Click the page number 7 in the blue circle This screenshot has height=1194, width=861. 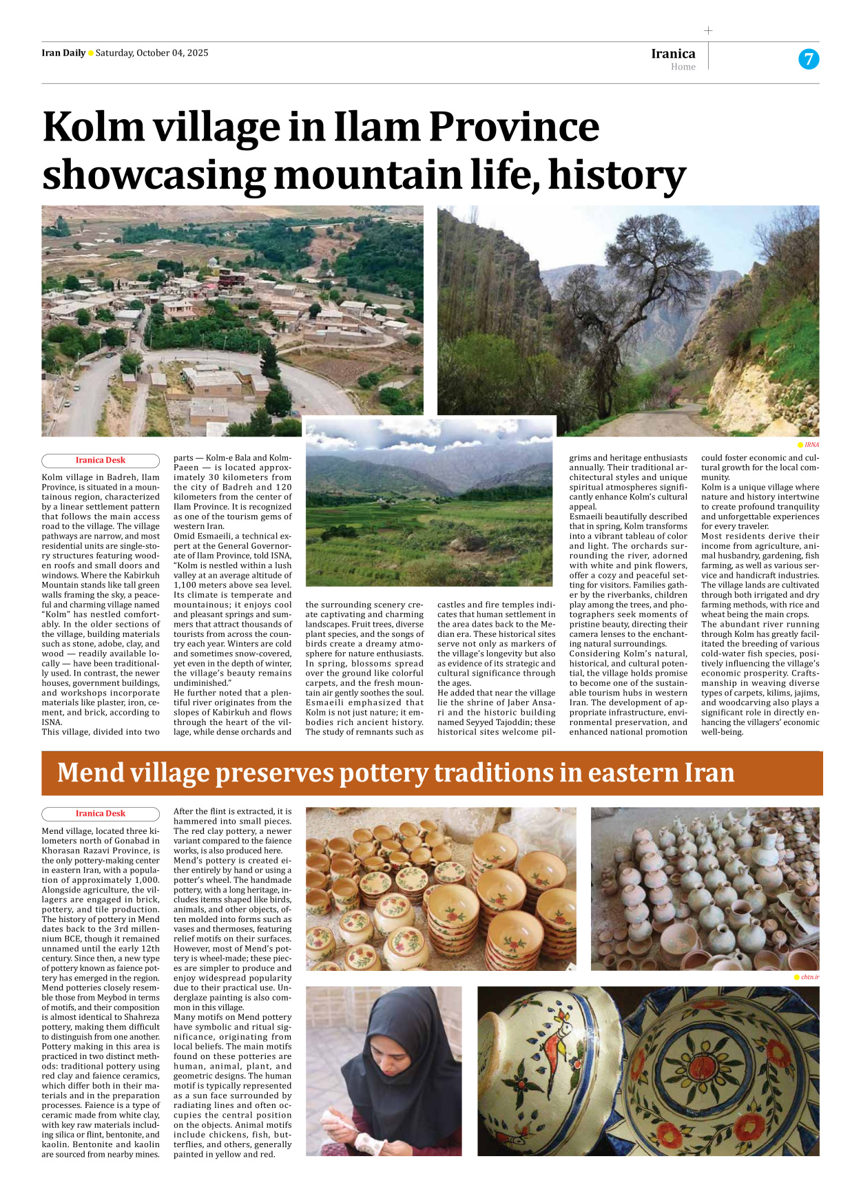click(809, 59)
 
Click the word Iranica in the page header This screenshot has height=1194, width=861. click(673, 54)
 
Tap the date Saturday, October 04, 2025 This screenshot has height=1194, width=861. click(152, 53)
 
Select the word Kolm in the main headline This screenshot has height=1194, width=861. click(94, 127)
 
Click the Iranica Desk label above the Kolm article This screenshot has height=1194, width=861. click(101, 460)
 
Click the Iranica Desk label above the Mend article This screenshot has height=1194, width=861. click(101, 813)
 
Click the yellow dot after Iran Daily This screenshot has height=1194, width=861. click(91, 53)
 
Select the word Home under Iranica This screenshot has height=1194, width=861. click(683, 67)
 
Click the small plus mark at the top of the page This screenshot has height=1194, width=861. click(708, 30)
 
